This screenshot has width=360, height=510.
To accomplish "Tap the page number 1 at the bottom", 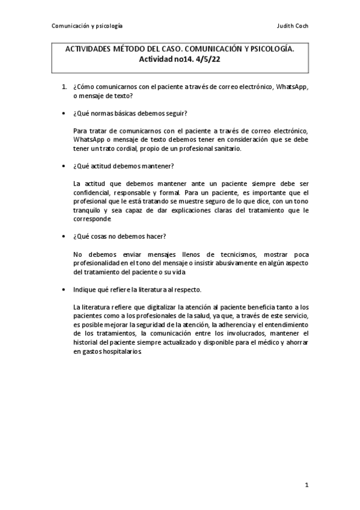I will [x=306, y=484].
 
